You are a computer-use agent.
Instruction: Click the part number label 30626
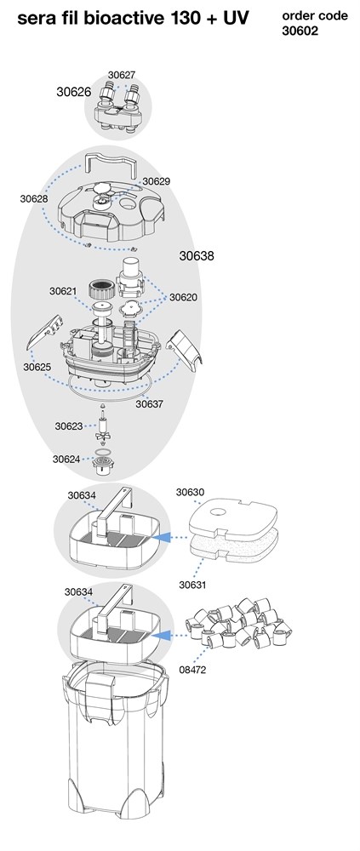tap(74, 92)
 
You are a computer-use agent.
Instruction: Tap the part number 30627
tap(122, 76)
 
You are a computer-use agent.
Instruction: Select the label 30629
tap(157, 181)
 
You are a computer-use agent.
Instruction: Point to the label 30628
tap(34, 198)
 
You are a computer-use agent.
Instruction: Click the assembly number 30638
tap(197, 255)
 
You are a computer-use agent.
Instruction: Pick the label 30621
tap(64, 291)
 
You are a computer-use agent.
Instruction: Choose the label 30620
tap(183, 297)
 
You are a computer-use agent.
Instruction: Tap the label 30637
tap(149, 404)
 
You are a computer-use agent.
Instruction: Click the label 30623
tap(69, 426)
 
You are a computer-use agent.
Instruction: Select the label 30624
tap(66, 460)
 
